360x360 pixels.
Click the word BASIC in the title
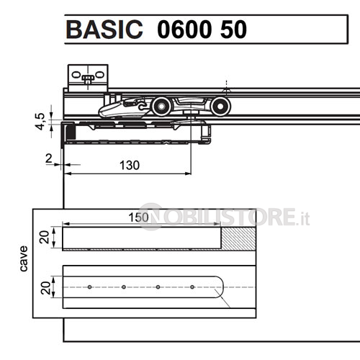point(104,30)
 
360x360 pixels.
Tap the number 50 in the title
point(233,30)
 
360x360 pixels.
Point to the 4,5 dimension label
point(40,121)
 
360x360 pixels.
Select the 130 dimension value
point(130,166)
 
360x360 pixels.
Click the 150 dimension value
point(138,217)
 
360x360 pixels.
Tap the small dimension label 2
point(49,158)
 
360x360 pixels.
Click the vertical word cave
point(24,258)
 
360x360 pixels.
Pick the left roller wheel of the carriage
point(161,107)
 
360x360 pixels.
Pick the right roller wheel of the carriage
point(220,107)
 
